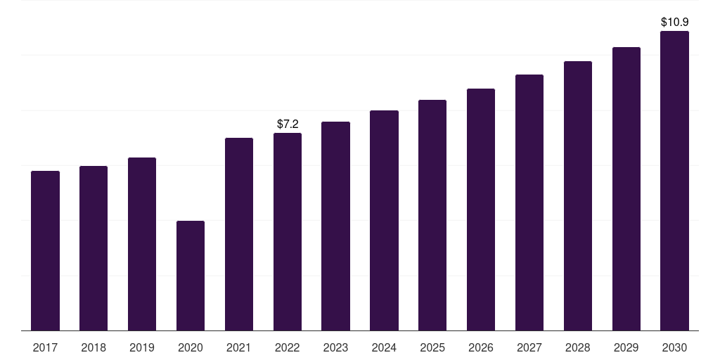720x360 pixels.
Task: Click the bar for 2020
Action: click(x=191, y=276)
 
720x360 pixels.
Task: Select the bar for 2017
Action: click(x=46, y=251)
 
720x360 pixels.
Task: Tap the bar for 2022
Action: click(x=288, y=232)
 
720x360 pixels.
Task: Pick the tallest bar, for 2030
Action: click(x=674, y=181)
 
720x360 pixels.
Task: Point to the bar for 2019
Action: click(x=142, y=244)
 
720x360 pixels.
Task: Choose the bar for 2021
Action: click(x=239, y=234)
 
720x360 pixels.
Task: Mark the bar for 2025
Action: click(x=432, y=215)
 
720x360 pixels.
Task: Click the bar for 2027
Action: click(x=529, y=202)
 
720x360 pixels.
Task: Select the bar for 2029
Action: click(x=626, y=188)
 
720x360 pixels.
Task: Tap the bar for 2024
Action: click(x=385, y=220)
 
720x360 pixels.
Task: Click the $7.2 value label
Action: click(x=288, y=124)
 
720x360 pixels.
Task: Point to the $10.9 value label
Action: click(x=674, y=22)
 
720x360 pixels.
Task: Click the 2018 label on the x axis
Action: click(x=94, y=347)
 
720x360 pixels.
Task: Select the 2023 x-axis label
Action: click(x=335, y=347)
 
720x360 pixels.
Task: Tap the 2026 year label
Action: click(x=481, y=347)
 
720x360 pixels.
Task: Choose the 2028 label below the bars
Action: click(x=578, y=347)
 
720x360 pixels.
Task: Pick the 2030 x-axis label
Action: click(x=674, y=347)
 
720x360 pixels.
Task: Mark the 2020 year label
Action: click(x=191, y=347)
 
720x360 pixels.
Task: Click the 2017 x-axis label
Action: click(x=46, y=347)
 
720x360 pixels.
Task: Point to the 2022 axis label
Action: click(x=288, y=347)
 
